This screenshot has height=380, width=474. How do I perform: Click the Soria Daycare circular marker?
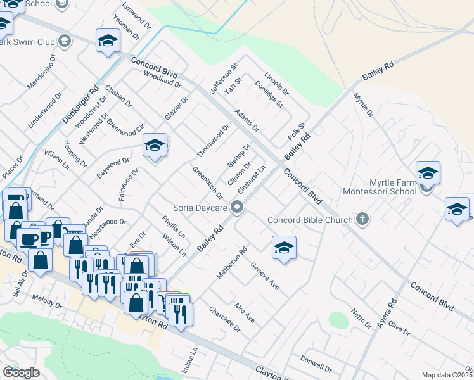coord(238,207)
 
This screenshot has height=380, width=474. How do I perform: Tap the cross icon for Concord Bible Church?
coord(362,220)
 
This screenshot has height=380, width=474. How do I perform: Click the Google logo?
coord(21,372)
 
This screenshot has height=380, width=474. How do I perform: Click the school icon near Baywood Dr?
coord(154,146)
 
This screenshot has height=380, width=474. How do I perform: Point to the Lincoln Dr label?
coord(276,83)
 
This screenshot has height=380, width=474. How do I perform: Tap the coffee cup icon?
coord(27,238)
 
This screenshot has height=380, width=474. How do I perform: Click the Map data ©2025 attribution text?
coord(447,375)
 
